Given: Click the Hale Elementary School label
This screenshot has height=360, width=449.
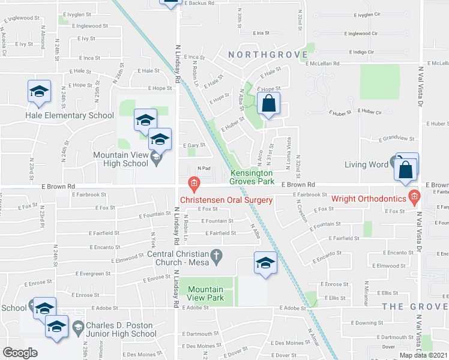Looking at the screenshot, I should [69, 116].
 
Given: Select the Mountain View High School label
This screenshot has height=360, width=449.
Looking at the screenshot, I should [120, 159].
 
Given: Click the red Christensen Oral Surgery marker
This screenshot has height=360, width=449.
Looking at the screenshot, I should [194, 182].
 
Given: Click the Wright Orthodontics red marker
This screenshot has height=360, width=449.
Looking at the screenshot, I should [414, 196].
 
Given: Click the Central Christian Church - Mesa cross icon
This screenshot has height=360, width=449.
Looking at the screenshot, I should [219, 256].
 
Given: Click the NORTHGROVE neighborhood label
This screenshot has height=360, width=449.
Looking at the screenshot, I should [260, 55].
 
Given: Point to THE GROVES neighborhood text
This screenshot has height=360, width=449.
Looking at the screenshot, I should [417, 306].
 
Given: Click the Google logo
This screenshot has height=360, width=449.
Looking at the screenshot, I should [20, 352].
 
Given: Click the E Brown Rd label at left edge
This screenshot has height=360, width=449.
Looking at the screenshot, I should [58, 187].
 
